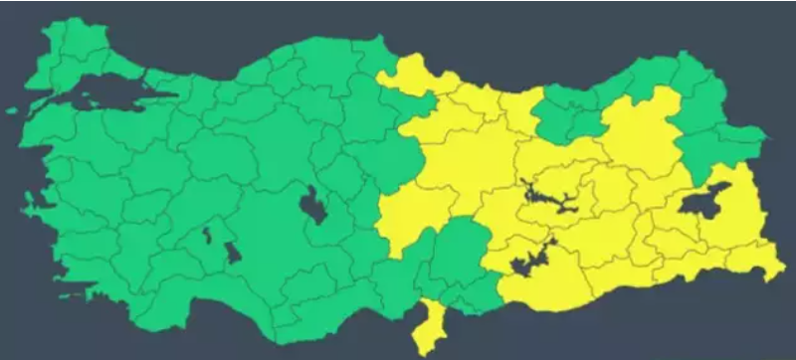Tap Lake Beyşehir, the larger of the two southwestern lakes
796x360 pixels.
[x=233, y=253]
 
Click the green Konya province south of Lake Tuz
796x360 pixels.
[x=289, y=249]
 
